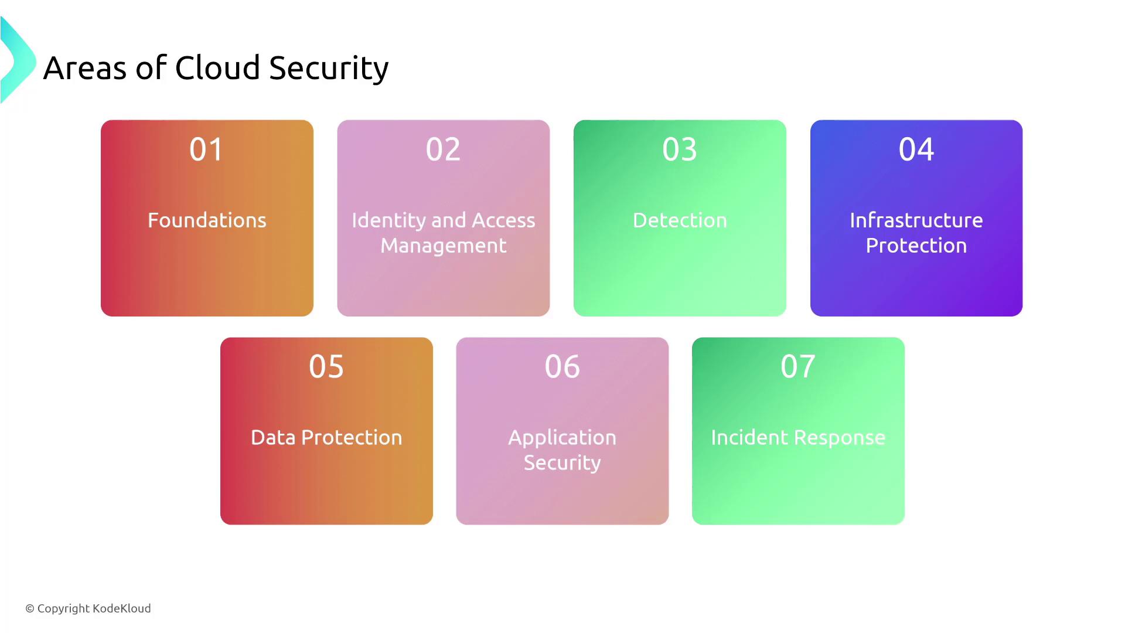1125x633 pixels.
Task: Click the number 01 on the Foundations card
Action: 206,149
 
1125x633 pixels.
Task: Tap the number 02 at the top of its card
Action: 443,149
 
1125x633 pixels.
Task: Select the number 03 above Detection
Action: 680,149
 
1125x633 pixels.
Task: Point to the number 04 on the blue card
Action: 916,149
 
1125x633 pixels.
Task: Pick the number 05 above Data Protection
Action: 326,366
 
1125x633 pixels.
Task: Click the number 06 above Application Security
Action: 562,366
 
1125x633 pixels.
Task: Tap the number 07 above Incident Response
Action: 798,366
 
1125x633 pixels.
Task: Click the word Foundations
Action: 207,220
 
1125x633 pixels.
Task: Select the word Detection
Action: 680,220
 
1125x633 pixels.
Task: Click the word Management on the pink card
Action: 444,246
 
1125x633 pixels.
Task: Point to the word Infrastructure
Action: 916,220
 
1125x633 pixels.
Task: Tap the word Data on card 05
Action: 273,438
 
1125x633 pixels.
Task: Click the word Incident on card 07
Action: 749,438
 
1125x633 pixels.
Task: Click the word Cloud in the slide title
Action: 217,68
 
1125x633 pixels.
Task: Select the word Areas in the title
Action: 85,69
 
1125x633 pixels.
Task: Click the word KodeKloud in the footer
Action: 122,608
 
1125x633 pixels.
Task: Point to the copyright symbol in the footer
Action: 30,609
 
